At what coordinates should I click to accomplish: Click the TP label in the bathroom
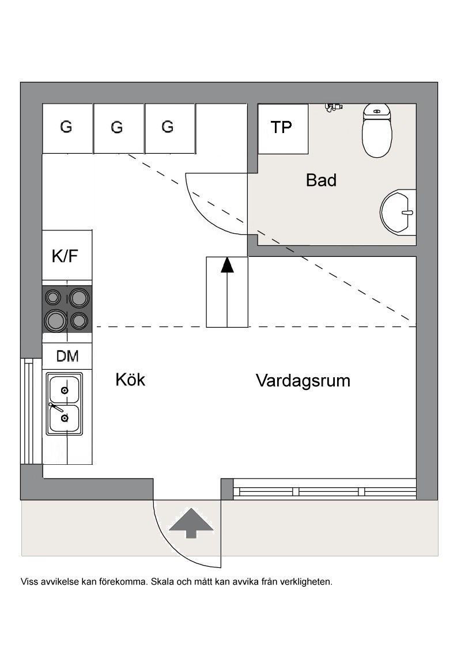pos(281,127)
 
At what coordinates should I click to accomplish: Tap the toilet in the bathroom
pos(377,131)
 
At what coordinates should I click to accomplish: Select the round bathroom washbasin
pos(398,212)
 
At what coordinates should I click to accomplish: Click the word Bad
pos(321,180)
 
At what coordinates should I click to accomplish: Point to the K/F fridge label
pos(65,256)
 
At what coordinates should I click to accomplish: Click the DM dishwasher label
pos(67,357)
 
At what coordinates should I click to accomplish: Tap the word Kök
pos(130,379)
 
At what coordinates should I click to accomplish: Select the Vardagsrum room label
pos(303,381)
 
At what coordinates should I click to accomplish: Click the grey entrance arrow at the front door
pos(191,523)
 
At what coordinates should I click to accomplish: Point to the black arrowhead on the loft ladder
pos(227,266)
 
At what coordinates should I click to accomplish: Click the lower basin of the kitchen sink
pos(64,418)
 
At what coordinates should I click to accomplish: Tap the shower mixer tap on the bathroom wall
pos(333,107)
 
